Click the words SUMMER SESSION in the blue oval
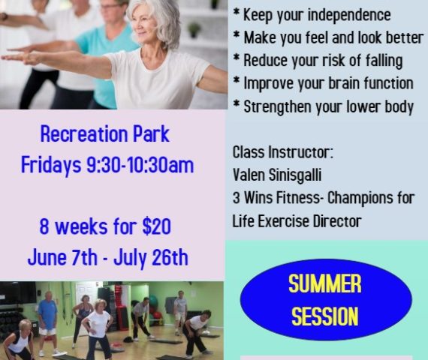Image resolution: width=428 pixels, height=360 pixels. [325, 300]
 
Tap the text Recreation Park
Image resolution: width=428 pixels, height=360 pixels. [105, 134]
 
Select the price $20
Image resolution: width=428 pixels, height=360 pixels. [156, 226]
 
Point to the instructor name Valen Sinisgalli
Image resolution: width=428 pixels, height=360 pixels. [277, 175]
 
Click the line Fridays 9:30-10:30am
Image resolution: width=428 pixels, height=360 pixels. [107, 165]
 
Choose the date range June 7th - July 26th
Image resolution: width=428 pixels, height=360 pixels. [108, 257]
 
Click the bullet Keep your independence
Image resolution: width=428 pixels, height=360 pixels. [312, 15]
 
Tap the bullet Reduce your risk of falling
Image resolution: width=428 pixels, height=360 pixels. [318, 61]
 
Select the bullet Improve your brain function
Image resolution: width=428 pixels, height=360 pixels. [323, 83]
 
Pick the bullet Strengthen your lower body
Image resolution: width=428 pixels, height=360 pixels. [324, 106]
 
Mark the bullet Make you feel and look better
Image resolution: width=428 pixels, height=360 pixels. [328, 37]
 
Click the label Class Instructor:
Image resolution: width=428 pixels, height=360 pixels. [283, 152]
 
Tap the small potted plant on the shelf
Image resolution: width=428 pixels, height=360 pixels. [194, 29]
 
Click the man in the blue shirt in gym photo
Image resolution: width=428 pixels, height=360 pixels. [48, 323]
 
